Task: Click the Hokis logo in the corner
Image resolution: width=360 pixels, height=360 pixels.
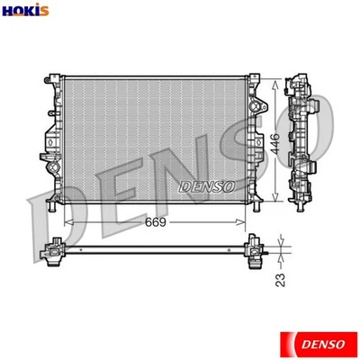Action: coord(20,10)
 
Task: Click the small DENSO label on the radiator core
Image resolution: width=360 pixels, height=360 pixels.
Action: coord(207,186)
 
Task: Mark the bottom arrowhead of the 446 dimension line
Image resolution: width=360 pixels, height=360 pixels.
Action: coord(275,206)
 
